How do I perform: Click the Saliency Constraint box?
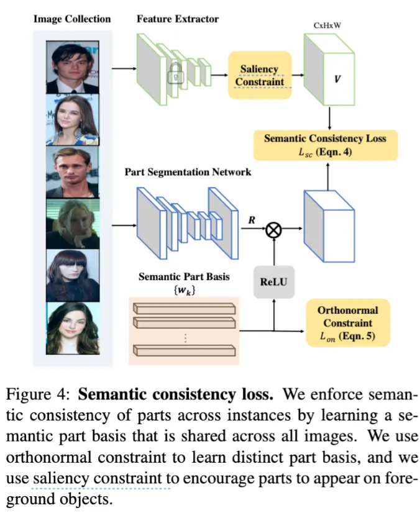[260, 75]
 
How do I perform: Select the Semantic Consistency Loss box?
[325, 145]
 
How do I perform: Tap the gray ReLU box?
[274, 282]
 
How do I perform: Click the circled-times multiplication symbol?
[274, 230]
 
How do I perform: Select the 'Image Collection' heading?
[72, 19]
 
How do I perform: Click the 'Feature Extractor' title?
[178, 19]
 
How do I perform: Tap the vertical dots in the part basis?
[185, 338]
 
